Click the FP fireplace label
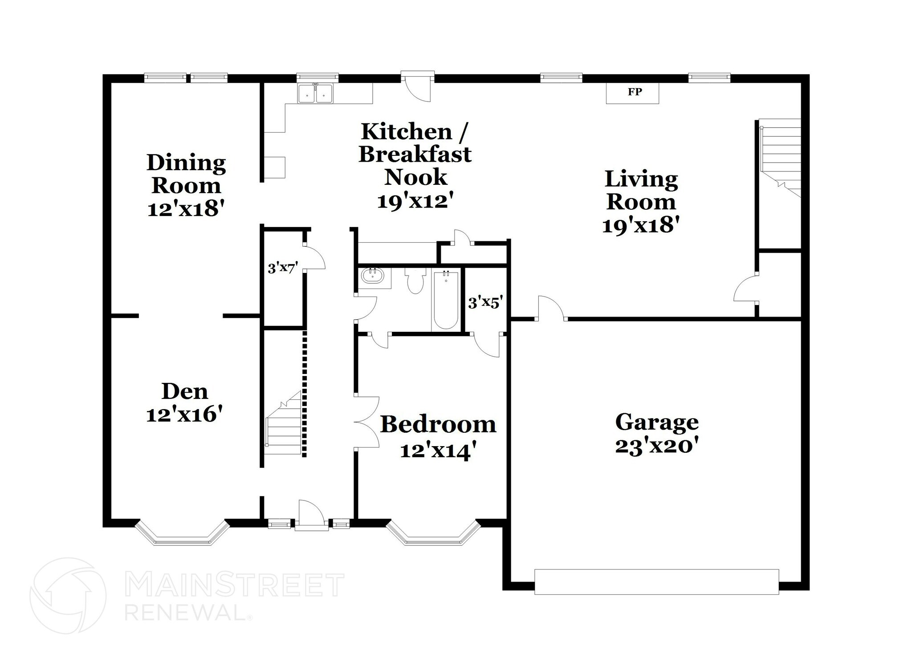tap(635, 92)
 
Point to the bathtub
tap(446, 301)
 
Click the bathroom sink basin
tap(373, 276)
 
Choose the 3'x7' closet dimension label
tap(282, 268)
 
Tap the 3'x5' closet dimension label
tap(485, 303)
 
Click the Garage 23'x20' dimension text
tap(656, 446)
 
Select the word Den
tap(184, 391)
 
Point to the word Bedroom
tap(438, 424)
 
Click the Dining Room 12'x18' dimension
tap(185, 208)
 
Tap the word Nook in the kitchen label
tap(415, 177)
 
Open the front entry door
tap(311, 517)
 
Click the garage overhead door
tap(656, 582)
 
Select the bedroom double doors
tap(367, 421)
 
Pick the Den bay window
tap(182, 535)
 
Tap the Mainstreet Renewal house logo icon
tap(68, 595)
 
